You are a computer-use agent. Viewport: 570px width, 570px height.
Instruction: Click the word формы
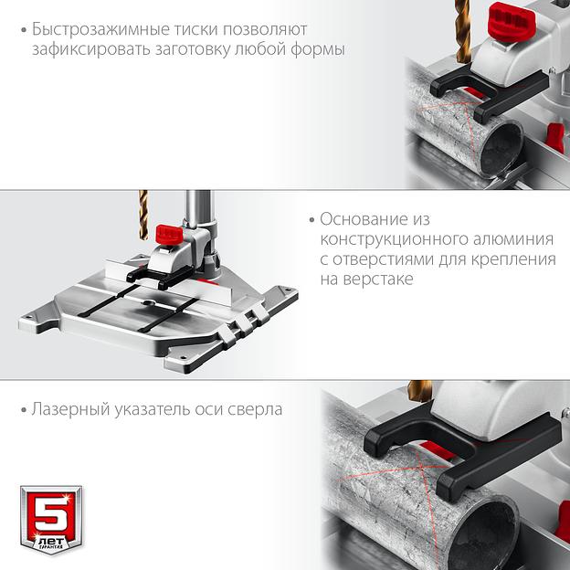click(x=318, y=50)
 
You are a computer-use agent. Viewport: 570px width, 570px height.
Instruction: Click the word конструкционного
click(x=394, y=239)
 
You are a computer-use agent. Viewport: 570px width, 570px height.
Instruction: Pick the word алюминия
click(x=513, y=239)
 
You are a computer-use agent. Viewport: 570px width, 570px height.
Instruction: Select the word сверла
click(x=255, y=409)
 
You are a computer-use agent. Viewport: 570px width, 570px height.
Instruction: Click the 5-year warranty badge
click(x=51, y=519)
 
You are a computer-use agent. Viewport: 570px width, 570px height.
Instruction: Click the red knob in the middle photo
click(x=169, y=235)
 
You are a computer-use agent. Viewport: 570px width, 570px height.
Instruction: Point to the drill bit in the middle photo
click(x=143, y=215)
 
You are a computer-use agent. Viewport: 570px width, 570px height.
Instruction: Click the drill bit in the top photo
click(x=462, y=31)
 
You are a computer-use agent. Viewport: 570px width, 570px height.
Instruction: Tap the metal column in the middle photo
click(x=199, y=209)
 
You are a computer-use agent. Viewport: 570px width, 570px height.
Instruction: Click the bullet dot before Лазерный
click(x=24, y=410)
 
